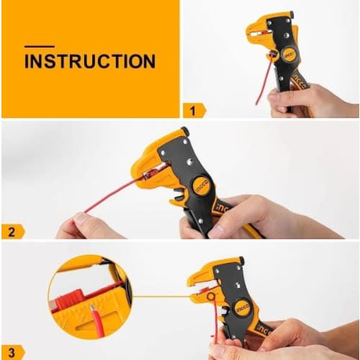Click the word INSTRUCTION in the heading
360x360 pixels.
(90, 61)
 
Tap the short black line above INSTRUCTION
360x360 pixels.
(40, 47)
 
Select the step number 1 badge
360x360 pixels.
(194, 111)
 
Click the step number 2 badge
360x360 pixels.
(13, 232)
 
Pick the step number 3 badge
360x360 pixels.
(13, 353)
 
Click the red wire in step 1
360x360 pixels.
(265, 79)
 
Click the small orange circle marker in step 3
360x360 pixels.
(211, 297)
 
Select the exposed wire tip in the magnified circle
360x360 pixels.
(91, 308)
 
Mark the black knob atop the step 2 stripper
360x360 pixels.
(184, 131)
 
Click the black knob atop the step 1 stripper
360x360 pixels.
(292, 14)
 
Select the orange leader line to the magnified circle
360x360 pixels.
(161, 297)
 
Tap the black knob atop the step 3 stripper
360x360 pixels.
(241, 261)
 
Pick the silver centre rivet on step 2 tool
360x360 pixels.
(191, 161)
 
